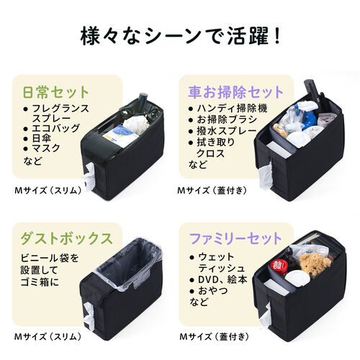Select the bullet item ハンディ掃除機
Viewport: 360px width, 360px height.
(x=223, y=108)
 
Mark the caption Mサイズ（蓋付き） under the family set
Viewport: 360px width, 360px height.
(x=215, y=336)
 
